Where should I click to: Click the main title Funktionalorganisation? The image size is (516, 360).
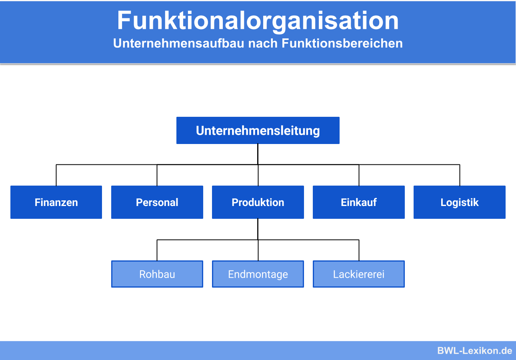pos(258,21)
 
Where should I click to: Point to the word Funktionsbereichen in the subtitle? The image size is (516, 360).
pos(342,43)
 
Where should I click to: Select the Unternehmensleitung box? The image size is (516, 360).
pos(258,130)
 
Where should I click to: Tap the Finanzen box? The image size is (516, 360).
pos(56,202)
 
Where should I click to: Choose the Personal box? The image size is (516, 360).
pos(157,202)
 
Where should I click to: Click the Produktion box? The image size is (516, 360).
pos(258,202)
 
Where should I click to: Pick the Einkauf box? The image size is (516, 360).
pos(358,202)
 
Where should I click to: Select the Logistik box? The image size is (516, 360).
pos(459,202)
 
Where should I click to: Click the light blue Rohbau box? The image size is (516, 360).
pos(157,274)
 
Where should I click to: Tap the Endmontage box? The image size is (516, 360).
pos(258,274)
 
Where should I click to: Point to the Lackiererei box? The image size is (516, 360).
pos(358,274)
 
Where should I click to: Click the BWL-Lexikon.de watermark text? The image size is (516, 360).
pos(474,351)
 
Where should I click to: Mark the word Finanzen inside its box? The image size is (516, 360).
pos(56,202)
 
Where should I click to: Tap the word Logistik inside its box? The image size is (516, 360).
pos(459,202)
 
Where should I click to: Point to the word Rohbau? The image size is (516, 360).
pos(157,274)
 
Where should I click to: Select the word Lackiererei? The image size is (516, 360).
pos(358,274)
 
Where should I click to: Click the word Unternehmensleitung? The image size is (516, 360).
pos(258,131)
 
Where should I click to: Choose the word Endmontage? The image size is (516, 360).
pos(258,274)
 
